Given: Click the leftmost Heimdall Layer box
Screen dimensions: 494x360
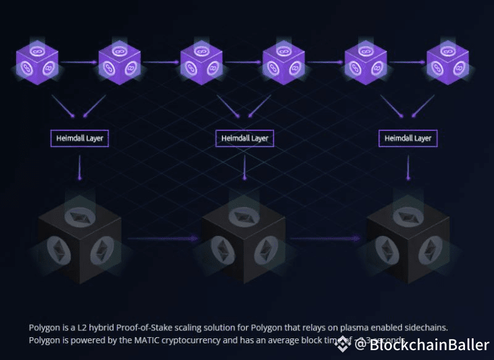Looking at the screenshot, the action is [x=79, y=138].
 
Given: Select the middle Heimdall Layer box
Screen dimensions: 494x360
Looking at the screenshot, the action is [x=245, y=138].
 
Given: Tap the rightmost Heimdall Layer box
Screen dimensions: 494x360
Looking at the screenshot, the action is [x=408, y=138].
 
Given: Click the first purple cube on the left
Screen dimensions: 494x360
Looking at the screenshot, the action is [x=37, y=62].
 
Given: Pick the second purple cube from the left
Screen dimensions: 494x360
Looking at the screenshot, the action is [x=119, y=62].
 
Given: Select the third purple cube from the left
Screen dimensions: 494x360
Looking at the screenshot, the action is [x=201, y=62].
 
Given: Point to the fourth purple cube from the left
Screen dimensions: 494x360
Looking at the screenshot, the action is [x=283, y=62].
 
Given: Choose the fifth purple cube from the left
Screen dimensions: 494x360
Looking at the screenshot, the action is [x=366, y=62].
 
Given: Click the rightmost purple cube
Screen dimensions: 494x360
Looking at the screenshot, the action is [x=448, y=62].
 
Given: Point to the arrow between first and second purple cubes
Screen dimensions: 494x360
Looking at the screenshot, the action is [x=78, y=62].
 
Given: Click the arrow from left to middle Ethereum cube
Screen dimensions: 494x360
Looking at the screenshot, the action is [x=162, y=238].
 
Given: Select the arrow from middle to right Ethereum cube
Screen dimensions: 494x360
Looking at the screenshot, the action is [x=326, y=238].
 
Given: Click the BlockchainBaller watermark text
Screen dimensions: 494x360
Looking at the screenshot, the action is [x=429, y=345].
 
